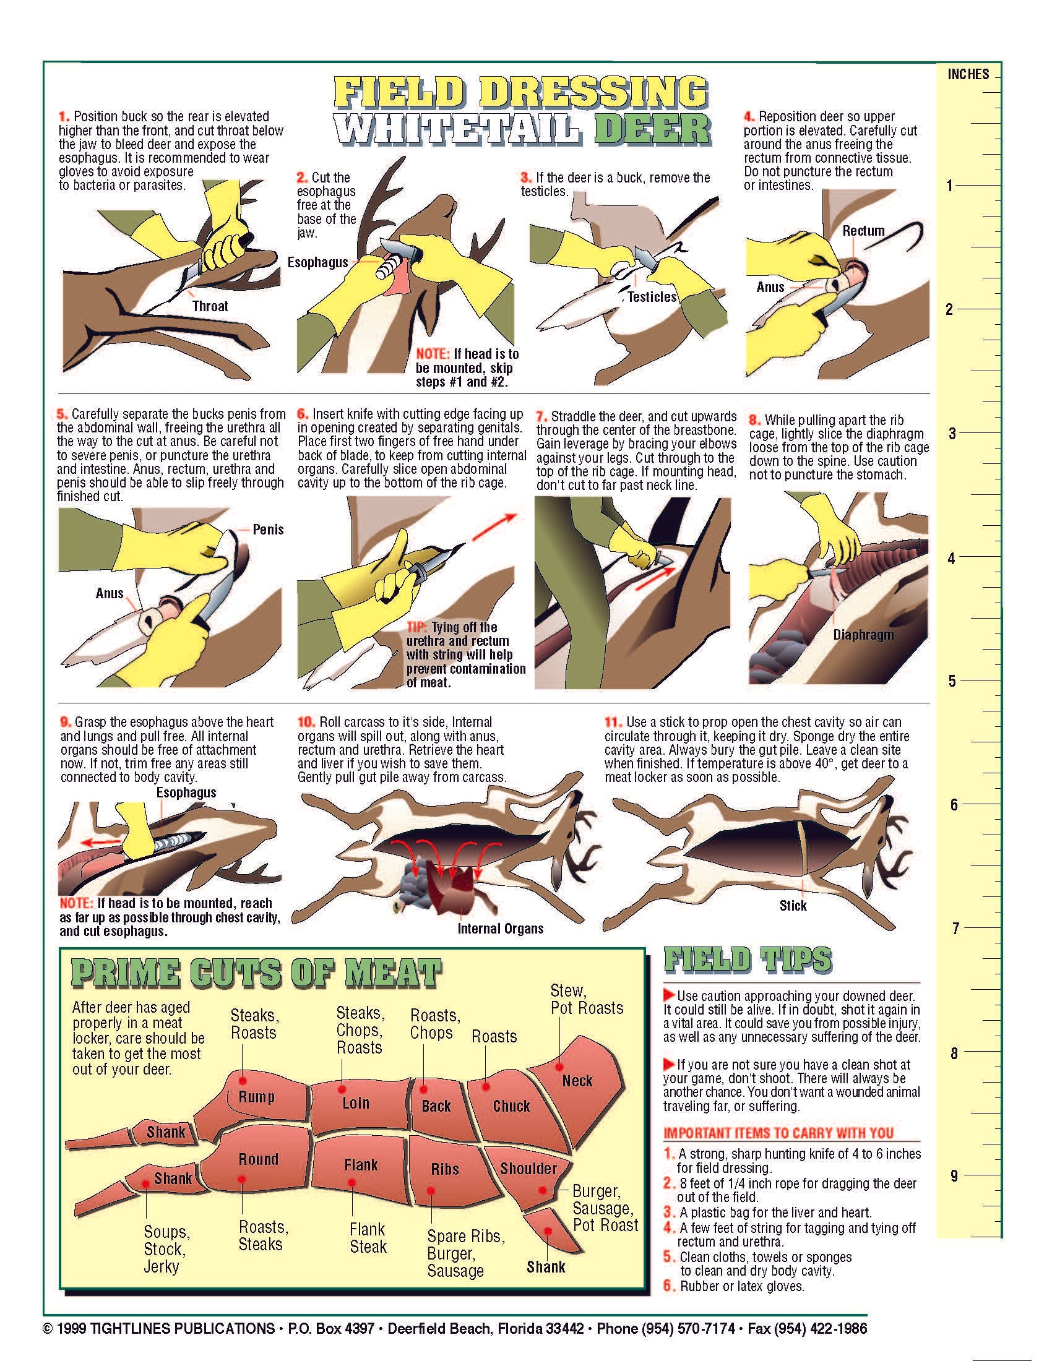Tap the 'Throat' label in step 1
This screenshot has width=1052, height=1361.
click(210, 306)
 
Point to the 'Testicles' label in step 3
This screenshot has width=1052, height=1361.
click(652, 296)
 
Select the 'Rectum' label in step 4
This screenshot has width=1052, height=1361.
click(863, 231)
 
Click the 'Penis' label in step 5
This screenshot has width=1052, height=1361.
click(268, 530)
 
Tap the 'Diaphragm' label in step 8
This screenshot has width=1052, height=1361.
click(863, 635)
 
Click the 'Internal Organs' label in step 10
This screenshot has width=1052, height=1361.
click(501, 929)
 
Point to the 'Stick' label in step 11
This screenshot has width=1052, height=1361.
click(793, 906)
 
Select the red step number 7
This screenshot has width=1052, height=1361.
click(541, 416)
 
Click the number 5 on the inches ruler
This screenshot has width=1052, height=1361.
click(952, 681)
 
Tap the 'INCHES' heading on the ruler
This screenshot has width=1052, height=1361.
click(968, 74)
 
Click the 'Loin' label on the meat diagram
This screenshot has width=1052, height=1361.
click(355, 1102)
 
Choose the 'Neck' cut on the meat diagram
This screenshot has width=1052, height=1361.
click(577, 1081)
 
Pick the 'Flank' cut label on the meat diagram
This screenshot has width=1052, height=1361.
click(361, 1164)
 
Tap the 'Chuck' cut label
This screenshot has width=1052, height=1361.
click(511, 1106)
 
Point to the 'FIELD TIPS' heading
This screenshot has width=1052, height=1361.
click(748, 960)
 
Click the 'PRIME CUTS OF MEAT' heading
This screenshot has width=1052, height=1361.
click(257, 972)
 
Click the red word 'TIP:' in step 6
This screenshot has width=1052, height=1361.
click(417, 627)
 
